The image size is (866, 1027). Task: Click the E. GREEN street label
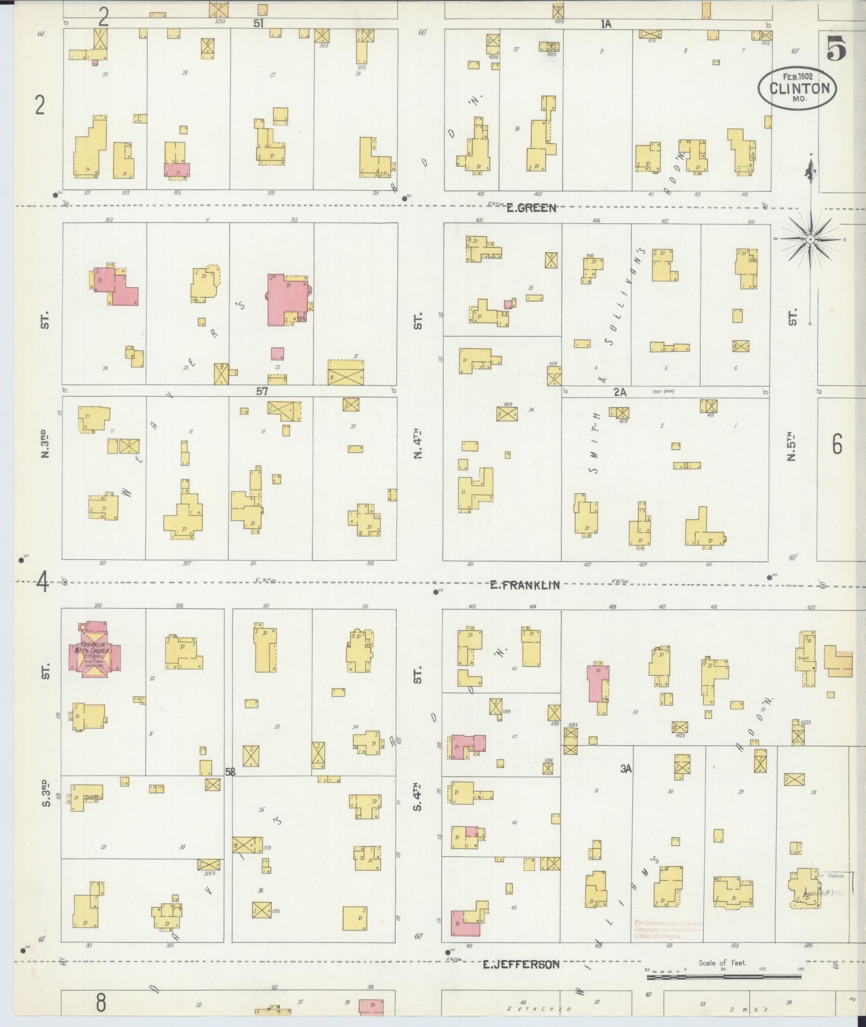(531, 208)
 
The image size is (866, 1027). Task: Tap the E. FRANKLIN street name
(525, 585)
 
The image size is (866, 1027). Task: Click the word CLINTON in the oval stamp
(797, 88)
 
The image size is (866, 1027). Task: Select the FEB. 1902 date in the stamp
(797, 76)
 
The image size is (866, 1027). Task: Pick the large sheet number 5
(836, 49)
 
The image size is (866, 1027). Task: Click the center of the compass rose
(810, 239)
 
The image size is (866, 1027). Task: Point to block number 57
(261, 391)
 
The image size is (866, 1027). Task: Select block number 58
(230, 772)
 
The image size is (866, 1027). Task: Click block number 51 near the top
(258, 23)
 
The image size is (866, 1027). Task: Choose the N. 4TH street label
(418, 443)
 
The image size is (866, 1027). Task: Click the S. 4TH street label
(418, 795)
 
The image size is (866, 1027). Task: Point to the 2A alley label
(620, 392)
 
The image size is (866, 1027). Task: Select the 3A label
(625, 769)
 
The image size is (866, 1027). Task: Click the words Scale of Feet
(722, 963)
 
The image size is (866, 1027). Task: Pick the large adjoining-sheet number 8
(100, 1002)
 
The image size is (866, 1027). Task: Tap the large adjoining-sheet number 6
(836, 445)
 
